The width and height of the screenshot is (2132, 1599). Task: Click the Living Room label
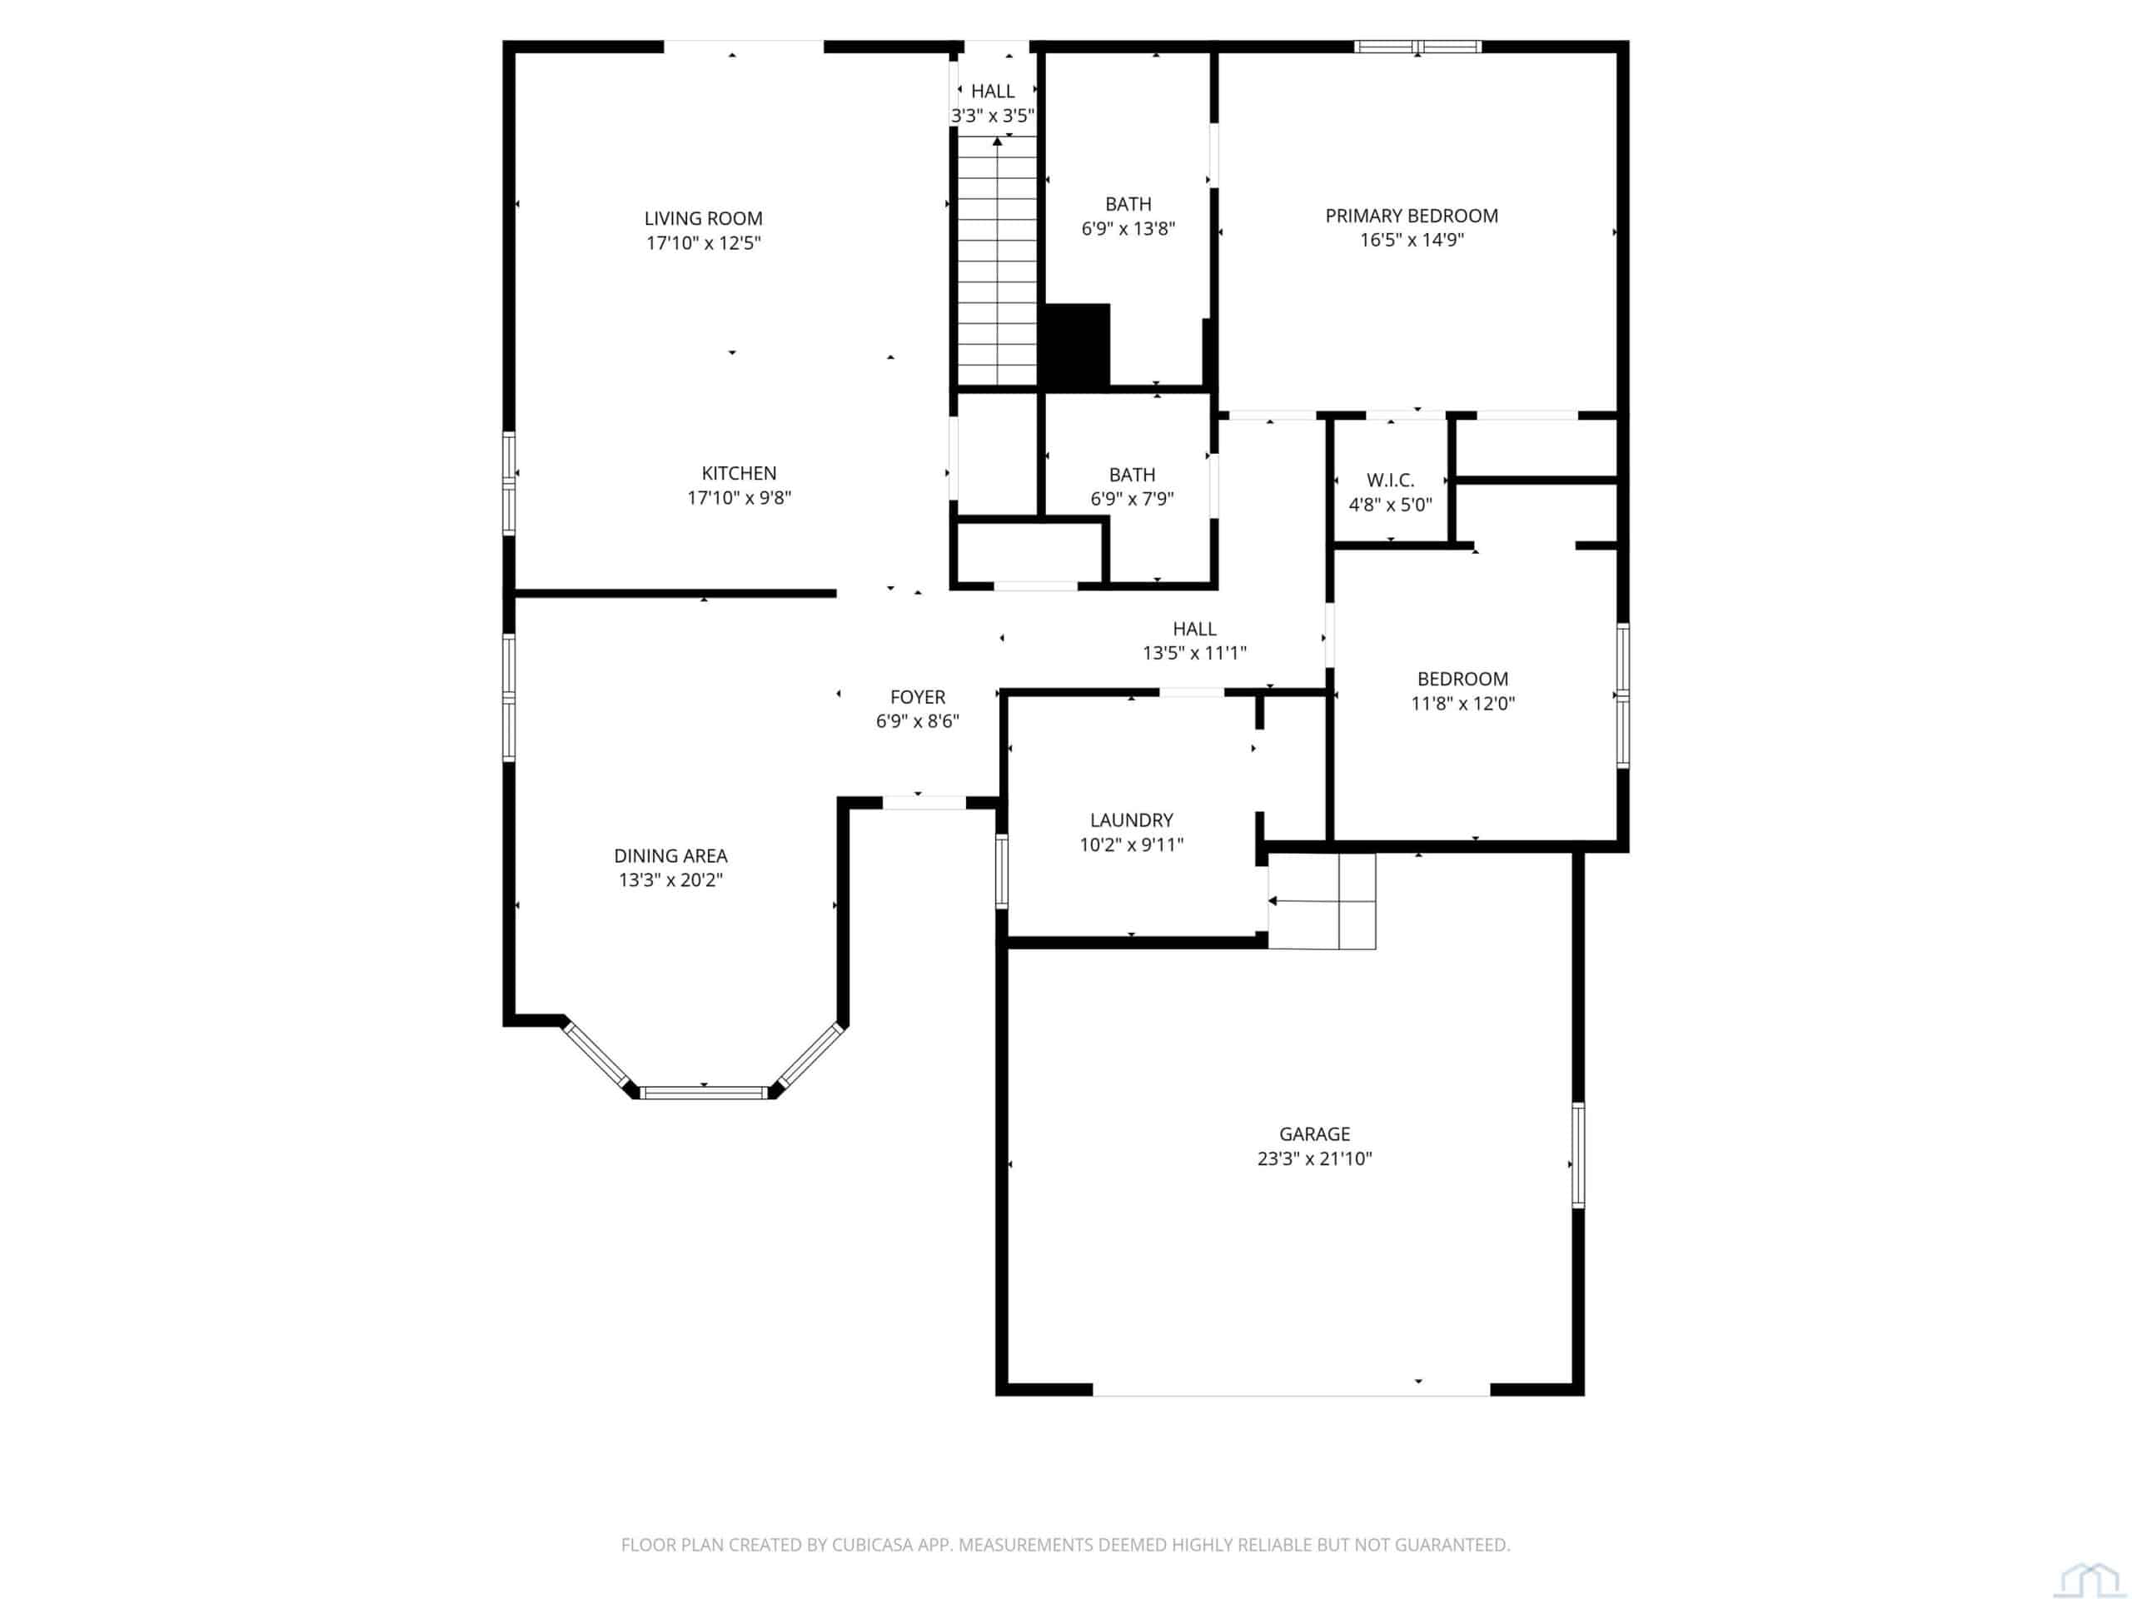point(704,219)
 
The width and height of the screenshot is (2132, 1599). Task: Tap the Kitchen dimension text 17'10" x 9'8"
point(740,498)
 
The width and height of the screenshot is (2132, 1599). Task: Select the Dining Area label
point(670,856)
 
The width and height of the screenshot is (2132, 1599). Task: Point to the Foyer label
point(918,697)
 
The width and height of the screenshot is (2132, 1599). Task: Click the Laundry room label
point(1132,820)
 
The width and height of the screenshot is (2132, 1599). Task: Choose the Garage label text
point(1315,1134)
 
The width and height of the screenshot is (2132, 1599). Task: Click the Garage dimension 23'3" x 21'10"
point(1315,1158)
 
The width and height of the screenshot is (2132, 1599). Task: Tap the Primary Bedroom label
point(1412,216)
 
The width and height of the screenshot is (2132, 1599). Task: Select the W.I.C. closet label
point(1391,480)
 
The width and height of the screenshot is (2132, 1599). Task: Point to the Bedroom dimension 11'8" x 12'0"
point(1463,704)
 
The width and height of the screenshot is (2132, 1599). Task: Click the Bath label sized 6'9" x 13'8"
point(1128,204)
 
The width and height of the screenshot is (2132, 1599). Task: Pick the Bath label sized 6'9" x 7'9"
point(1133,476)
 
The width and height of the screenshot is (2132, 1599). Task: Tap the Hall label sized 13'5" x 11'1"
point(1195,629)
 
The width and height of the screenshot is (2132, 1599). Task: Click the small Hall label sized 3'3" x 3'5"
point(993,92)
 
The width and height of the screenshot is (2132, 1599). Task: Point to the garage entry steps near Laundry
point(1322,901)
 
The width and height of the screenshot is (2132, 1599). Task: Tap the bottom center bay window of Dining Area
point(704,1092)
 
